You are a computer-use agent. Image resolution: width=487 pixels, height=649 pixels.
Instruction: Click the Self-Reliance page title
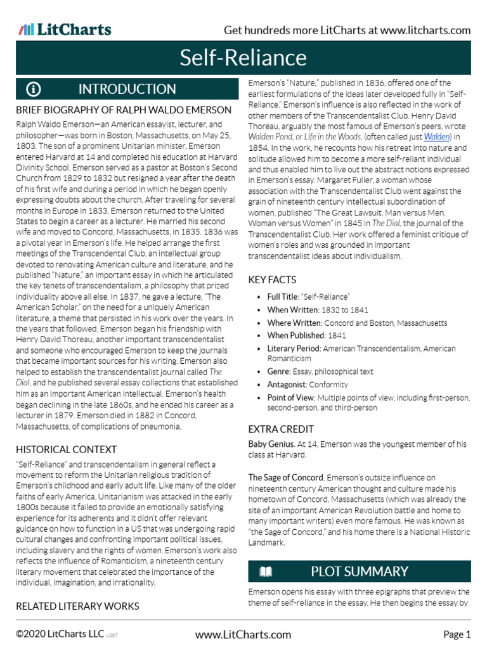click(243, 58)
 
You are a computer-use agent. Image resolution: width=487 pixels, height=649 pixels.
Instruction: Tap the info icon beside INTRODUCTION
click(34, 89)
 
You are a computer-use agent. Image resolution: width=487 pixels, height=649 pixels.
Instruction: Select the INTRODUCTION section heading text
click(127, 89)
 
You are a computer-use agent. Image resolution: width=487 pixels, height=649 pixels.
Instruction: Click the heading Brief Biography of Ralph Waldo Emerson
click(124, 110)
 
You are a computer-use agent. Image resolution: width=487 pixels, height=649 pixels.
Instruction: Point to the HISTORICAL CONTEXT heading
click(66, 449)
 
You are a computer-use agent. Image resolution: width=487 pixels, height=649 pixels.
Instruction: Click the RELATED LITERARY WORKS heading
click(77, 606)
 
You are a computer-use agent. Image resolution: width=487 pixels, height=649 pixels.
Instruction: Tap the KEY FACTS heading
click(272, 280)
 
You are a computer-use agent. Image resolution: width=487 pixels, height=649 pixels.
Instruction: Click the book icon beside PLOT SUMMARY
click(266, 572)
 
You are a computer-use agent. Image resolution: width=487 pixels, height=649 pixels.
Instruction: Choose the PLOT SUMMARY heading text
click(359, 572)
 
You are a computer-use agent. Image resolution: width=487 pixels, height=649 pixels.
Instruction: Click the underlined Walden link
click(437, 136)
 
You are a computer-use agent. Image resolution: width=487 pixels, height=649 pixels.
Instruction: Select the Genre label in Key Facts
click(278, 371)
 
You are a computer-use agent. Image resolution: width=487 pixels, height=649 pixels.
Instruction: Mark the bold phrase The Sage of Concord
click(285, 477)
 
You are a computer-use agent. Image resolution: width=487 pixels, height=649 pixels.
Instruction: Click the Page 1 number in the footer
click(457, 634)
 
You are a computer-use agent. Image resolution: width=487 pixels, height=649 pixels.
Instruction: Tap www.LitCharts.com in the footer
click(243, 634)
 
